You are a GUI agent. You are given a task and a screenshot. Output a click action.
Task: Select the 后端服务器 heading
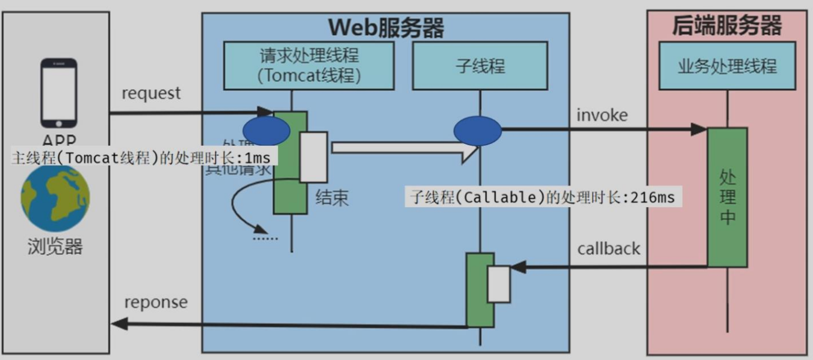point(726,26)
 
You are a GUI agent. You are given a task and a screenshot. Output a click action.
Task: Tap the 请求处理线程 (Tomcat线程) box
point(309,66)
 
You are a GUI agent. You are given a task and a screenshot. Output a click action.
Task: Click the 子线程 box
point(480,66)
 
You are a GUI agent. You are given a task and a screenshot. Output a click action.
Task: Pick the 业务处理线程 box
point(727,66)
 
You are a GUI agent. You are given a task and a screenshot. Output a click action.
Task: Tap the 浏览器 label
point(55,246)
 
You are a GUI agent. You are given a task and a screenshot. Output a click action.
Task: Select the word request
point(151,93)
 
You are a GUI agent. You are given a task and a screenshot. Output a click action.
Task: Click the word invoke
point(602,114)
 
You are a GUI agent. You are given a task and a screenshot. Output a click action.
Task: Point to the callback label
point(608,248)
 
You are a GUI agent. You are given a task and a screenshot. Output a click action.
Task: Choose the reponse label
point(156,302)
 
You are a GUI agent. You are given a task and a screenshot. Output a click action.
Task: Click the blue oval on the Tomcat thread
point(267,131)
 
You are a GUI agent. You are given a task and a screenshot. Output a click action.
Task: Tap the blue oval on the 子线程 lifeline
point(477,131)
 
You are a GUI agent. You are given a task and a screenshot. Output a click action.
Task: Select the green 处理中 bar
point(727,197)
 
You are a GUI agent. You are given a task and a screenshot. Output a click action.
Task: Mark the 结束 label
point(332,198)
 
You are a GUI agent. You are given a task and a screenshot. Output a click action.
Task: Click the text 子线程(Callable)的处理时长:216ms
point(543,197)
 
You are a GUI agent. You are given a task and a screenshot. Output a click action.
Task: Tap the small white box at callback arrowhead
point(498,284)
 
